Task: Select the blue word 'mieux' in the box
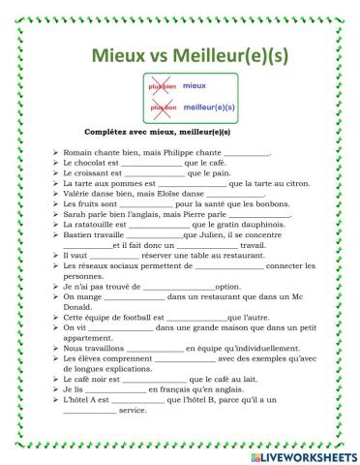click(195, 86)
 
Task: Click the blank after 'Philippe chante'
click(247, 153)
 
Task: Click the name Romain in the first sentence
click(78, 152)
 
